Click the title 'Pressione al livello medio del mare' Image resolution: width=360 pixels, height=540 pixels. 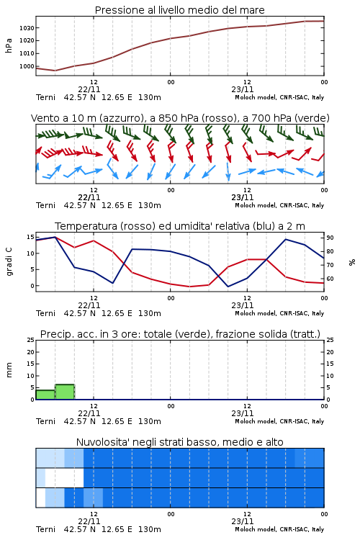point(179,10)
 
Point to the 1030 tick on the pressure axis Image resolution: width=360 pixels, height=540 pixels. point(27,28)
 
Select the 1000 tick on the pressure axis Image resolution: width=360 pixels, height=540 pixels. point(27,66)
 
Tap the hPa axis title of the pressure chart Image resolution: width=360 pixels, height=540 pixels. point(9,45)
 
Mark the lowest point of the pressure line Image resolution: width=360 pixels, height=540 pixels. point(55,71)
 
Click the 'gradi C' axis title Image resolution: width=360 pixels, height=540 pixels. point(9,262)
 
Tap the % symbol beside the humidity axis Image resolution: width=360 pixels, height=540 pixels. point(352,262)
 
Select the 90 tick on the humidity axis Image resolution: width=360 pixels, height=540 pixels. point(330,238)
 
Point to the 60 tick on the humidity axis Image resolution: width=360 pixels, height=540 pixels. point(330,279)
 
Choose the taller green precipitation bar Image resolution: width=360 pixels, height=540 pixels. point(65,392)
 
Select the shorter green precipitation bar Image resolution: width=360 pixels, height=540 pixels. point(45,395)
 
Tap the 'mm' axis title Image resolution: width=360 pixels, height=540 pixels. point(9,370)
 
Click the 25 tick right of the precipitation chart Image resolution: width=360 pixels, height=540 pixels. point(330,340)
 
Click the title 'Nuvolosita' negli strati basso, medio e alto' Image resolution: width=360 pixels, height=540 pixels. point(179,442)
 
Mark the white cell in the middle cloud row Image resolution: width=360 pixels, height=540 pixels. point(64,478)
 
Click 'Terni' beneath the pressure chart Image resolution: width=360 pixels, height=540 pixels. point(45,97)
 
